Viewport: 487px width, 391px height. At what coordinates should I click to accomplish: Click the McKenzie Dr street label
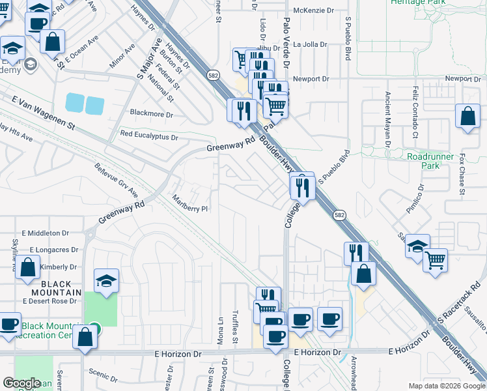point(313,10)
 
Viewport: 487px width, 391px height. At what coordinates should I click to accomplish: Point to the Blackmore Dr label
point(151,114)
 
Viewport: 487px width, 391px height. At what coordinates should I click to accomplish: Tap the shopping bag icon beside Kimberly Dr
point(28,267)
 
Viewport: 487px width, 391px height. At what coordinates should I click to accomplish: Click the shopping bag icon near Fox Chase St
point(467,117)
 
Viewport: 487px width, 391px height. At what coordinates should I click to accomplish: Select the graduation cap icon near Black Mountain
point(107,280)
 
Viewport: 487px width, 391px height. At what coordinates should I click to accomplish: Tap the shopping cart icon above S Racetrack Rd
point(435,260)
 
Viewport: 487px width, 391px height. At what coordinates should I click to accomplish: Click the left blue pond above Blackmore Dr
point(75,103)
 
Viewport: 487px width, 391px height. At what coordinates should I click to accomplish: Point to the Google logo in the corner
point(21,383)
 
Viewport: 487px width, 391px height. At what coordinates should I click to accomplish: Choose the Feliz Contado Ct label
point(414,113)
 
